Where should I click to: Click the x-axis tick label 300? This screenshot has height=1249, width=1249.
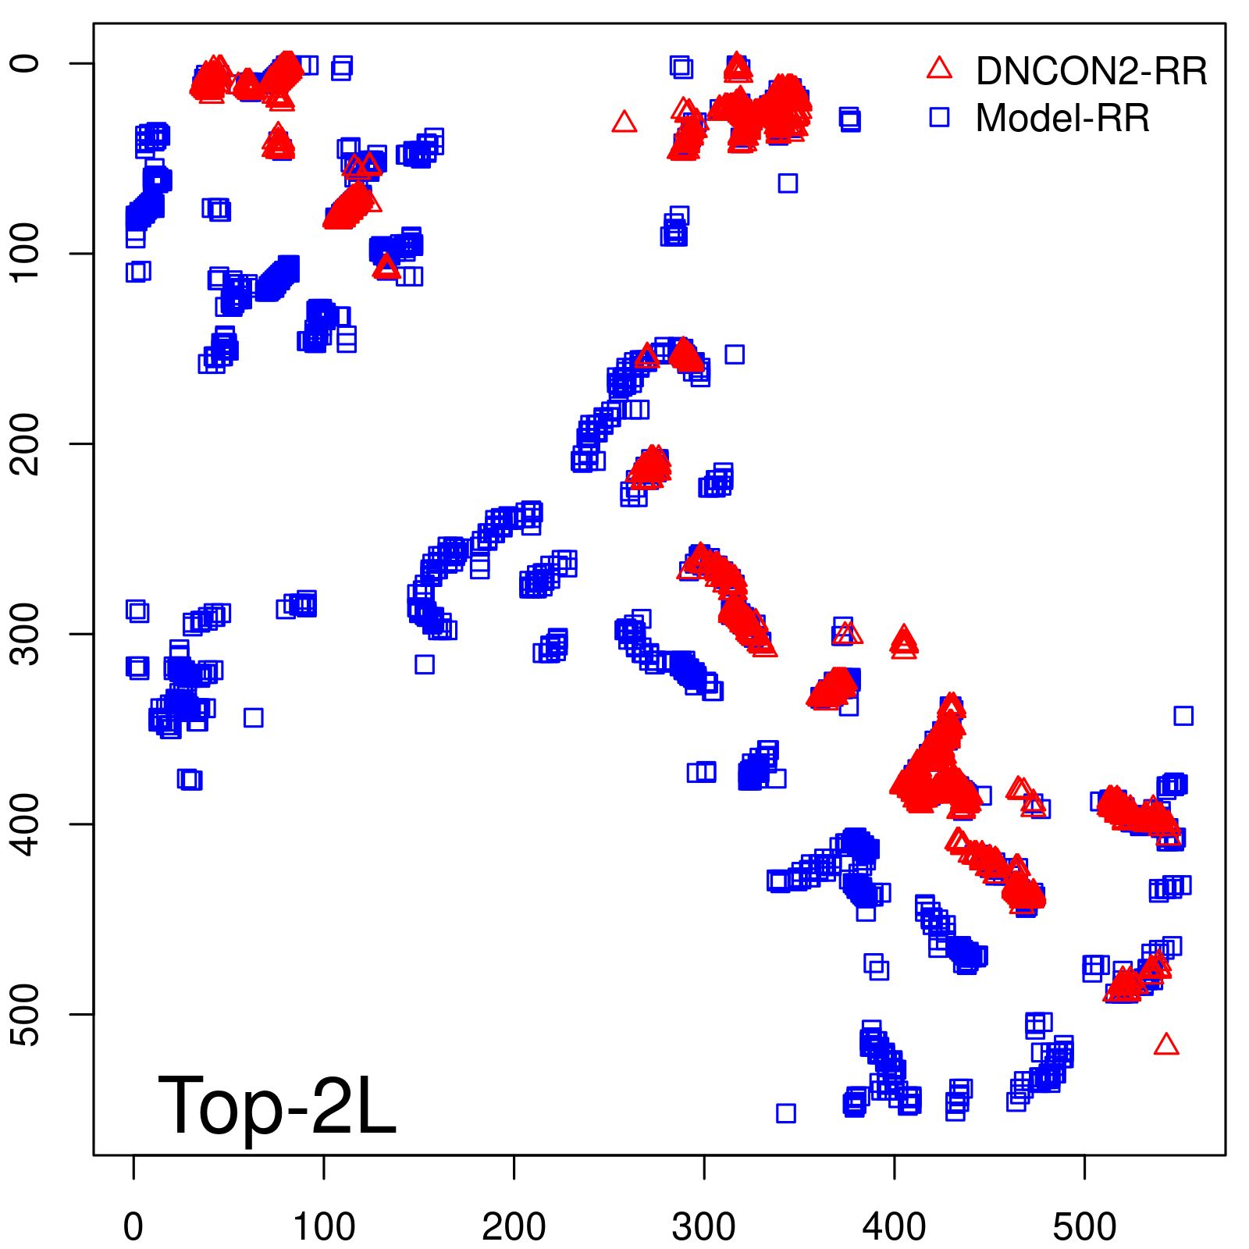pos(703,1226)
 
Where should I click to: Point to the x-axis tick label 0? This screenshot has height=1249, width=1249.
pos(133,1226)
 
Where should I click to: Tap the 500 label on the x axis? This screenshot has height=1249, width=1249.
pos(1084,1226)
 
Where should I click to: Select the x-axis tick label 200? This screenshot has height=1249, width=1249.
pos(514,1226)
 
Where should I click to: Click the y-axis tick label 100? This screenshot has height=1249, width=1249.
pos(27,253)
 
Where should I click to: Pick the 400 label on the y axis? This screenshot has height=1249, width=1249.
pos(27,824)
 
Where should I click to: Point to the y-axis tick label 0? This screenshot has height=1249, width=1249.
pos(27,63)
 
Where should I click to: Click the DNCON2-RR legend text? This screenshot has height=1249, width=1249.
pos(1091,71)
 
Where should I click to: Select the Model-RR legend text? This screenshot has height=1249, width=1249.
pos(1062,119)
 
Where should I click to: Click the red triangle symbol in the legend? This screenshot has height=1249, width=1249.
pos(939,69)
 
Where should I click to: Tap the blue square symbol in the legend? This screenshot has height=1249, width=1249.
pos(939,117)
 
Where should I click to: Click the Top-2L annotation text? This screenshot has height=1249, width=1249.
pos(277,1105)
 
